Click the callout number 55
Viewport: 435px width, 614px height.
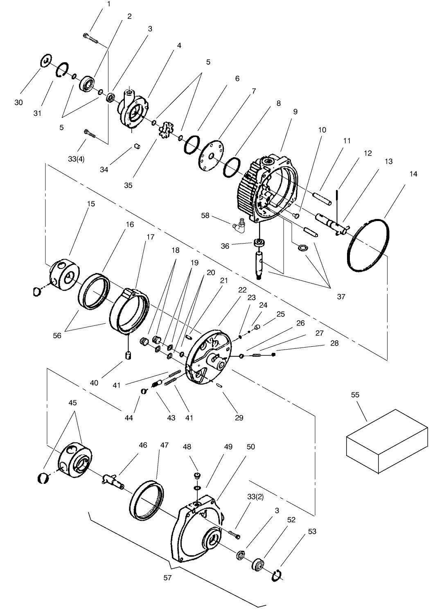(355, 395)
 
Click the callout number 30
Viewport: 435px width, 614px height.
(18, 102)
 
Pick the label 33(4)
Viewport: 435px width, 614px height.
(77, 159)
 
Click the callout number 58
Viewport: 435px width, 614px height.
(205, 215)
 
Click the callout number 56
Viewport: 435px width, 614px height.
(57, 335)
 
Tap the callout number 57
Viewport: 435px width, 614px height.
(167, 578)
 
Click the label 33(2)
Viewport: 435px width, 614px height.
(255, 497)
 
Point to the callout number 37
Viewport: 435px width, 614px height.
(341, 297)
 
